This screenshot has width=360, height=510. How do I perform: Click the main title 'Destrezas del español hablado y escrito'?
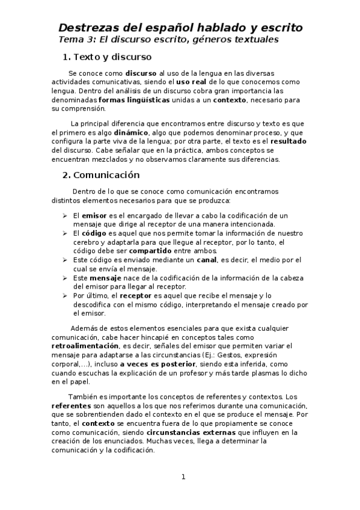[x=180, y=28]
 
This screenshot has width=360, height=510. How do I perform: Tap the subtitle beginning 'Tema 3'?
[x=168, y=39]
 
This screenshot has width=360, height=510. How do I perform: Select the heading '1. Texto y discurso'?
[x=107, y=57]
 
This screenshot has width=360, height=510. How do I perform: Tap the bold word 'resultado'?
[x=285, y=141]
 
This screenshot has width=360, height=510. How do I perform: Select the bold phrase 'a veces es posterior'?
[x=157, y=364]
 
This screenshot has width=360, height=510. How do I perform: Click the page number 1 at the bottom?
[x=183, y=477]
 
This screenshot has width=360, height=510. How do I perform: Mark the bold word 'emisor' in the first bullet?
[x=94, y=215]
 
